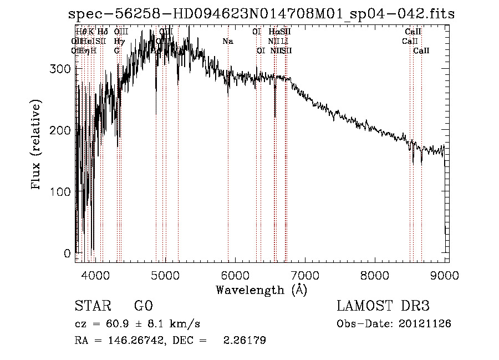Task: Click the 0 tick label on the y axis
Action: [x=67, y=253]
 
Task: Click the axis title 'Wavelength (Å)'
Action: [x=261, y=290]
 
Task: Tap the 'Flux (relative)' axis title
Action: [x=37, y=145]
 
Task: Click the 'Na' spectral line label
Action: [x=227, y=41]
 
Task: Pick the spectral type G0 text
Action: [x=143, y=306]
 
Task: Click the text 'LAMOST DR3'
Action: [x=383, y=306]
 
